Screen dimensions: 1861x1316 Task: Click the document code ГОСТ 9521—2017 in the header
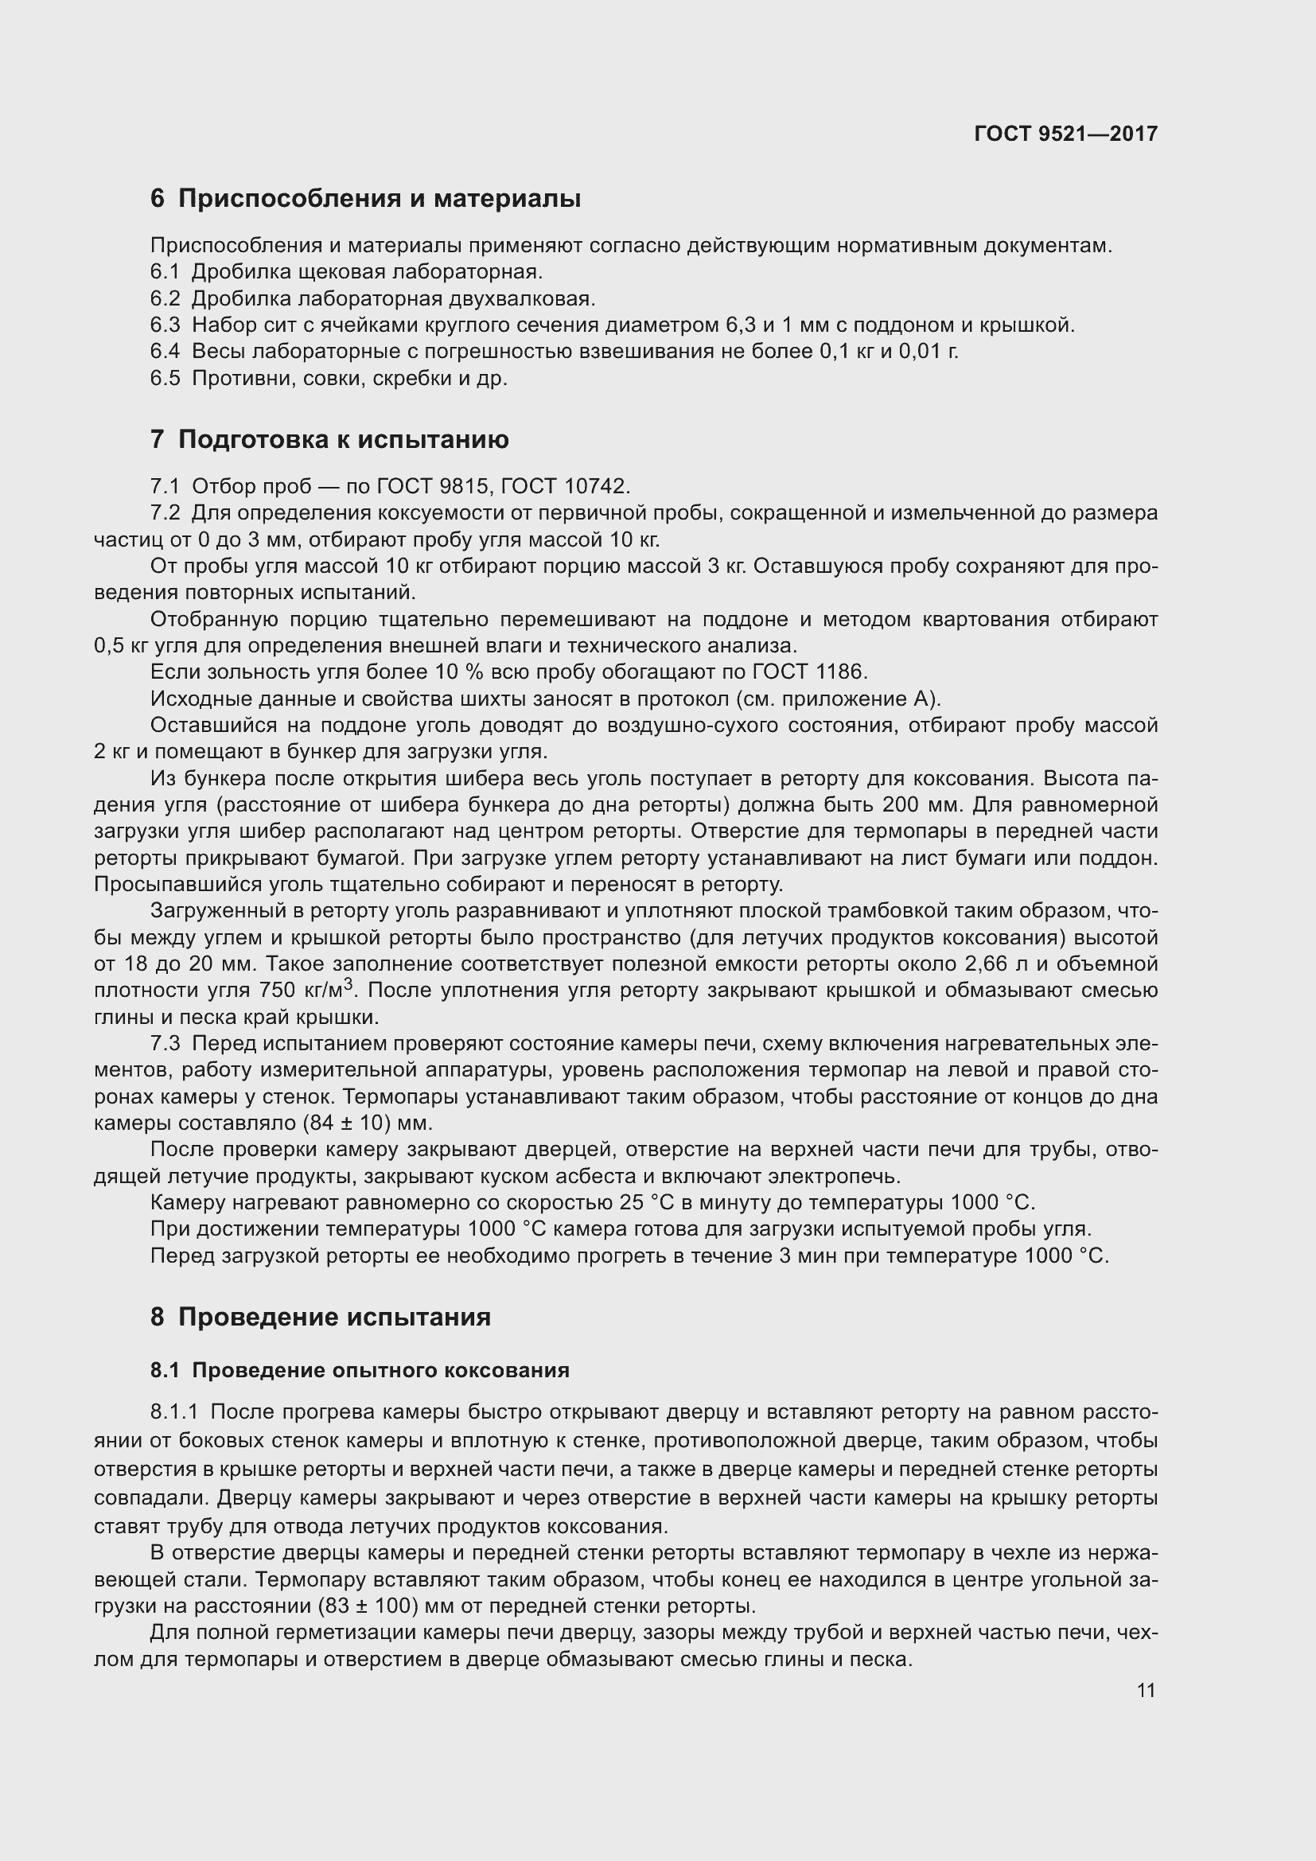pos(1065,134)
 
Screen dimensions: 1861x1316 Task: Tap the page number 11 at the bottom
pos(1146,1691)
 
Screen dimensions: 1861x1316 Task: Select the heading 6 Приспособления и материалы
pos(365,199)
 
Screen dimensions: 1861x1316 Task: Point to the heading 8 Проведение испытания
pos(321,1317)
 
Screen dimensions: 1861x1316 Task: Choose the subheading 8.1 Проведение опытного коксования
pos(360,1371)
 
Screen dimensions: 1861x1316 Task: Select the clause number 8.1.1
pos(174,1413)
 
